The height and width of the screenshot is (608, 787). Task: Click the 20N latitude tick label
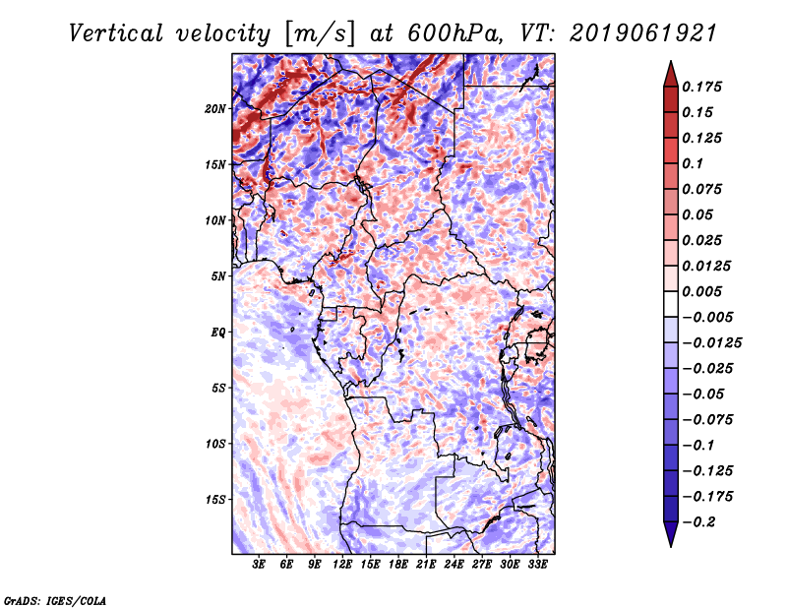point(215,108)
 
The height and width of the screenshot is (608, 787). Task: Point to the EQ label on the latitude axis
point(218,332)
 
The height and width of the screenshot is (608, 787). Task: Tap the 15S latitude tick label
point(215,499)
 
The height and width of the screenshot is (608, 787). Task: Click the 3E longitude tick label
point(259,565)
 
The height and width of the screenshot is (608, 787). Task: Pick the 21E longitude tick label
point(426,565)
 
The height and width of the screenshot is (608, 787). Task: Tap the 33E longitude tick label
point(537,565)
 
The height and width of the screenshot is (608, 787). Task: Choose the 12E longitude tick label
point(342,565)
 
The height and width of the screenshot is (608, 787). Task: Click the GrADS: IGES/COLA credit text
point(54,599)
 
